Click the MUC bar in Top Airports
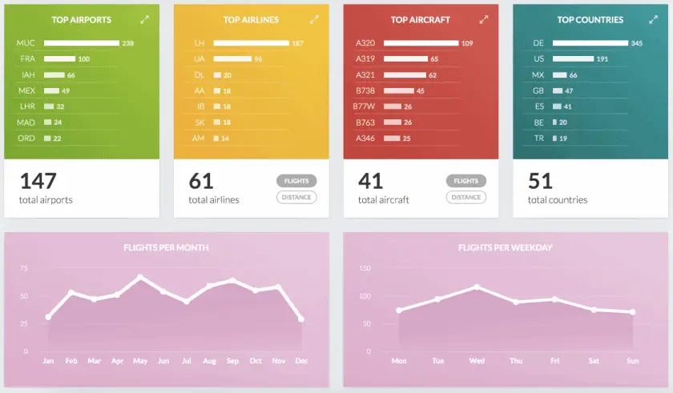81,43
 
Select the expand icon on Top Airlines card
314,19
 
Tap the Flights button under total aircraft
466,181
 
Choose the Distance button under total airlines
296,197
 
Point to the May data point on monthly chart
140,277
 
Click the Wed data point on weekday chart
477,287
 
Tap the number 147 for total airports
37,181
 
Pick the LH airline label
199,43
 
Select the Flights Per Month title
166,248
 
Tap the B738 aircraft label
366,90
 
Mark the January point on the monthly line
48,317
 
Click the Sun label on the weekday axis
632,362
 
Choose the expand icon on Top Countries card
654,19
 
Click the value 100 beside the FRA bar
83,59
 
